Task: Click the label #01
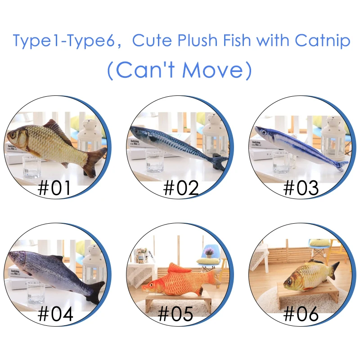coord(54,188)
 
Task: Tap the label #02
coord(181,188)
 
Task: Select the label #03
coord(301,188)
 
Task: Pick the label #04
coord(55,314)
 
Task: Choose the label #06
coord(301,313)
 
